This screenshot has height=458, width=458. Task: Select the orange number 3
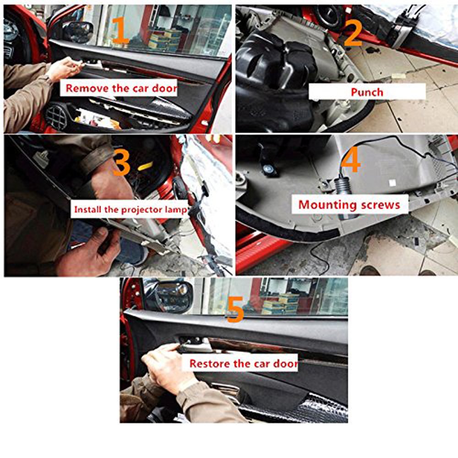point(121,163)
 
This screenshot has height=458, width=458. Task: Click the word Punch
point(367,92)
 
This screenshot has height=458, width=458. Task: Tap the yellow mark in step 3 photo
point(145,165)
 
